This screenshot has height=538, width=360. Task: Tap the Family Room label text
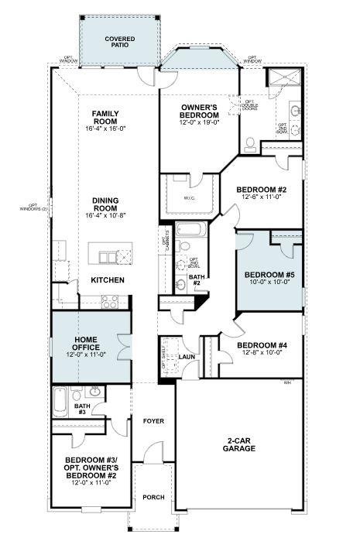(x=105, y=118)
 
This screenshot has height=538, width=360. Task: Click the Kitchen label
(x=107, y=279)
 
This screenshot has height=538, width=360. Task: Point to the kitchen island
(x=110, y=255)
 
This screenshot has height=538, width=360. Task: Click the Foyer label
(x=153, y=421)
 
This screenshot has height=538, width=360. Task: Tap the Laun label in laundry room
(x=186, y=357)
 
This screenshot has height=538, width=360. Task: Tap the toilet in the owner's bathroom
(x=250, y=144)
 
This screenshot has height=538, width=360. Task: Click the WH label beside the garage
(x=286, y=382)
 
